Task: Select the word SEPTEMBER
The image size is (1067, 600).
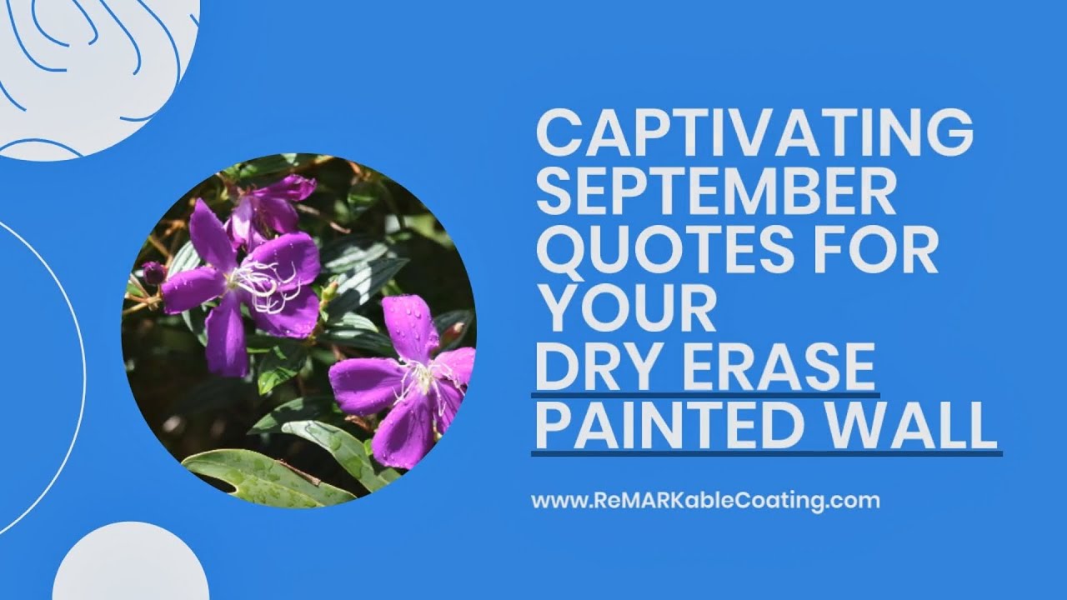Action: coord(715,193)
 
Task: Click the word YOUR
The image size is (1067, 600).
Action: coord(625,310)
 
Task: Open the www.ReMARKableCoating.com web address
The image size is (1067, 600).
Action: coord(705,501)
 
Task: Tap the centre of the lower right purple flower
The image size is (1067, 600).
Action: coord(421,379)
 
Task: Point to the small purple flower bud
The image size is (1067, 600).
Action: coord(153,272)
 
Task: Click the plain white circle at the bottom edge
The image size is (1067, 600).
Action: coord(131,567)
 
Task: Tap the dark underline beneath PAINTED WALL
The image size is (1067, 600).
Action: coord(766,453)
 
